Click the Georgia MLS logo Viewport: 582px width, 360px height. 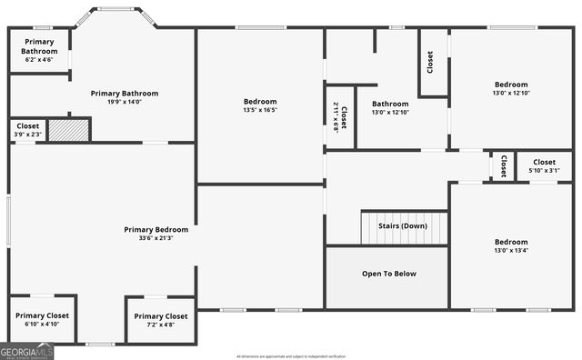pyautogui.click(x=27, y=351)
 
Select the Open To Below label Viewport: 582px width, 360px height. pyautogui.click(x=389, y=273)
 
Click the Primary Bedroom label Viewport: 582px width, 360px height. pyautogui.click(x=156, y=230)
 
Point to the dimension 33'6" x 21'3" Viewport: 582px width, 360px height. pyautogui.click(x=156, y=239)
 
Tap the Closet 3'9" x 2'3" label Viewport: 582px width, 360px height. pyautogui.click(x=27, y=131)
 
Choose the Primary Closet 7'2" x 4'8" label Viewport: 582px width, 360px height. pyautogui.click(x=161, y=320)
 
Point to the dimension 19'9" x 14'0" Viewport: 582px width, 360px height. pyautogui.click(x=125, y=103)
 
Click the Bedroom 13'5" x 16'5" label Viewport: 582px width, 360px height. pyautogui.click(x=260, y=105)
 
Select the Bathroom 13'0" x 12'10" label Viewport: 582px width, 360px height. pyautogui.click(x=390, y=107)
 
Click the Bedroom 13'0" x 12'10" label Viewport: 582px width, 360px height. pyautogui.click(x=510, y=88)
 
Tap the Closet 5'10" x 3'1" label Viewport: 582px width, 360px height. pyautogui.click(x=544, y=165)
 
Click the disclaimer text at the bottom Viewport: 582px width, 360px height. pyautogui.click(x=291, y=356)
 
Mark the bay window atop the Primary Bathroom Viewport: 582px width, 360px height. pyautogui.click(x=115, y=16)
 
